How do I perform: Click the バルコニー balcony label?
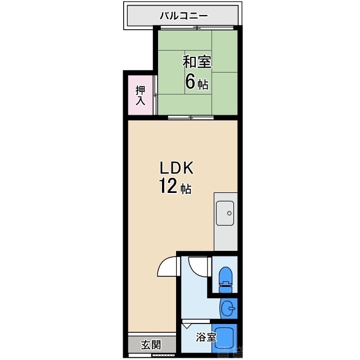point(183,15)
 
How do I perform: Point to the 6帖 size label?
point(196,83)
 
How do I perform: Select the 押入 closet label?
point(140,95)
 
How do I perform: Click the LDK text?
point(177,167)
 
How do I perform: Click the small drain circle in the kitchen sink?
point(228,213)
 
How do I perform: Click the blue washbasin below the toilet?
point(228,308)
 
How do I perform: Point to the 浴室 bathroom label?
point(206,337)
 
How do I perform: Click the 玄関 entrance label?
point(151,345)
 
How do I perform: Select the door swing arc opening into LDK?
point(168,267)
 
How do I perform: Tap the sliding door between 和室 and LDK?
point(191,118)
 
